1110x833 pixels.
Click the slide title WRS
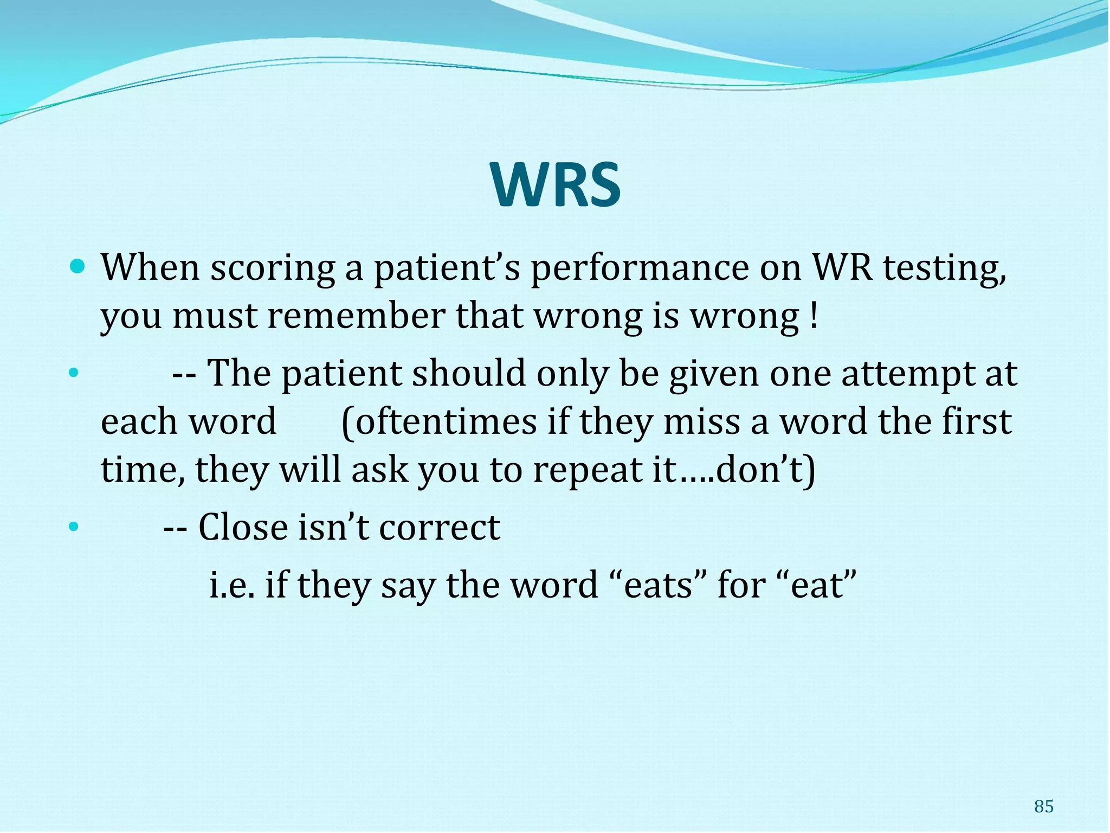[x=556, y=185]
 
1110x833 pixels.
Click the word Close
[x=242, y=527]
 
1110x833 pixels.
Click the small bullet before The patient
[x=74, y=374]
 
